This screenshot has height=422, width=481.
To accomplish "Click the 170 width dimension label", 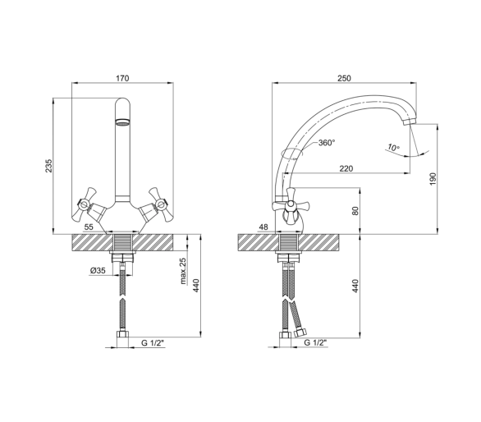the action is [122, 78].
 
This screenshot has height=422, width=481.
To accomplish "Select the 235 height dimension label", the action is [49, 166].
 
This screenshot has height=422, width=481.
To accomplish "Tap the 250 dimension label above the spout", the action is [344, 78].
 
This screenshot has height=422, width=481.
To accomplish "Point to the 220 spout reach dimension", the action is [346, 168].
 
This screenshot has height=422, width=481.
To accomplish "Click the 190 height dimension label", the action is [433, 179].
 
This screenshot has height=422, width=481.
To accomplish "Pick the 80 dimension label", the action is [355, 211].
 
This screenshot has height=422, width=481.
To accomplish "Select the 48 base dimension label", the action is [263, 227].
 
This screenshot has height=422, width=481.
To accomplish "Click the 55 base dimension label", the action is [89, 227].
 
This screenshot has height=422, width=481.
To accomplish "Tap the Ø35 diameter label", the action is [98, 271].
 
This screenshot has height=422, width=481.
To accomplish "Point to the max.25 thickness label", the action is [183, 271].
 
